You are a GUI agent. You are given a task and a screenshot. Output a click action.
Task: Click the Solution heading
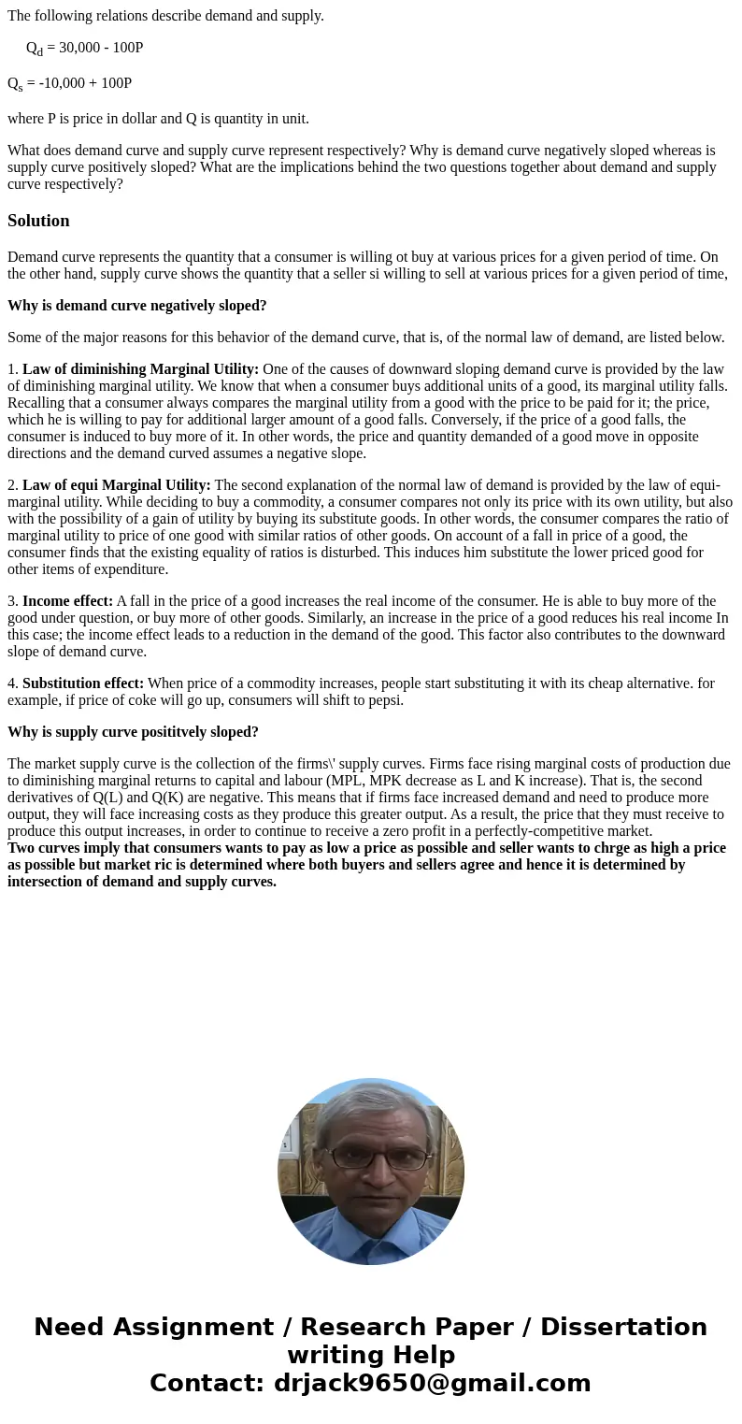point(38,221)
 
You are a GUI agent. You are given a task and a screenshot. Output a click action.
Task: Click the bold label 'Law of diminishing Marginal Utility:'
point(140,369)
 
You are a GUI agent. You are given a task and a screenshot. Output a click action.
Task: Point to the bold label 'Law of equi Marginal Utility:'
point(116,485)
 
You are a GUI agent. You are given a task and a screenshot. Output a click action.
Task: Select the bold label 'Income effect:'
point(67,601)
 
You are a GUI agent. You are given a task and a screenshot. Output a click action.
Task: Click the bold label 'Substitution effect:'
point(83,683)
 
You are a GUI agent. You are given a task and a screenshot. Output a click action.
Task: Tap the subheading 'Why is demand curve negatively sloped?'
point(137,306)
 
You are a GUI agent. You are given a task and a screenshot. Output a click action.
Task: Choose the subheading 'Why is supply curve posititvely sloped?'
point(133,732)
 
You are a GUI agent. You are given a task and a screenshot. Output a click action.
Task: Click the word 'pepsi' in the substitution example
point(386,700)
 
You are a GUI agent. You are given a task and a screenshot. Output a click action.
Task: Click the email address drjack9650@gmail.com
point(432,1383)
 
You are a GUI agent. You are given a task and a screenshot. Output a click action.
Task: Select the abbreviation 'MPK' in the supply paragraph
point(384,781)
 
